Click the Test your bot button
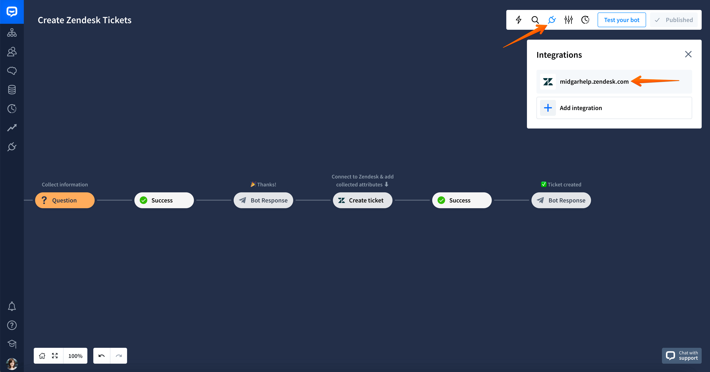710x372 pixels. pyautogui.click(x=621, y=20)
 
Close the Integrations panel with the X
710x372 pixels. pyautogui.click(x=688, y=54)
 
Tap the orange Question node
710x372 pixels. pyautogui.click(x=65, y=200)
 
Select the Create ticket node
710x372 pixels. pyautogui.click(x=362, y=200)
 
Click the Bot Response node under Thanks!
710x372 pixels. pyautogui.click(x=263, y=200)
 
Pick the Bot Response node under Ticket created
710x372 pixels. pyautogui.click(x=561, y=200)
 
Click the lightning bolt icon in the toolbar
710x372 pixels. pyautogui.click(x=518, y=20)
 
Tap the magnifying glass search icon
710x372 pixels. pyautogui.click(x=535, y=20)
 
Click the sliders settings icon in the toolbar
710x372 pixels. pyautogui.click(x=568, y=20)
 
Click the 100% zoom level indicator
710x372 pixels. pyautogui.click(x=75, y=356)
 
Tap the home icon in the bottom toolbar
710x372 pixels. pyautogui.click(x=42, y=356)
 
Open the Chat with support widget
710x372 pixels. pyautogui.click(x=682, y=356)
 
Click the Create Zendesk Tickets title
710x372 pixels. pyautogui.click(x=85, y=20)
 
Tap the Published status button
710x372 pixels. pyautogui.click(x=674, y=20)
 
